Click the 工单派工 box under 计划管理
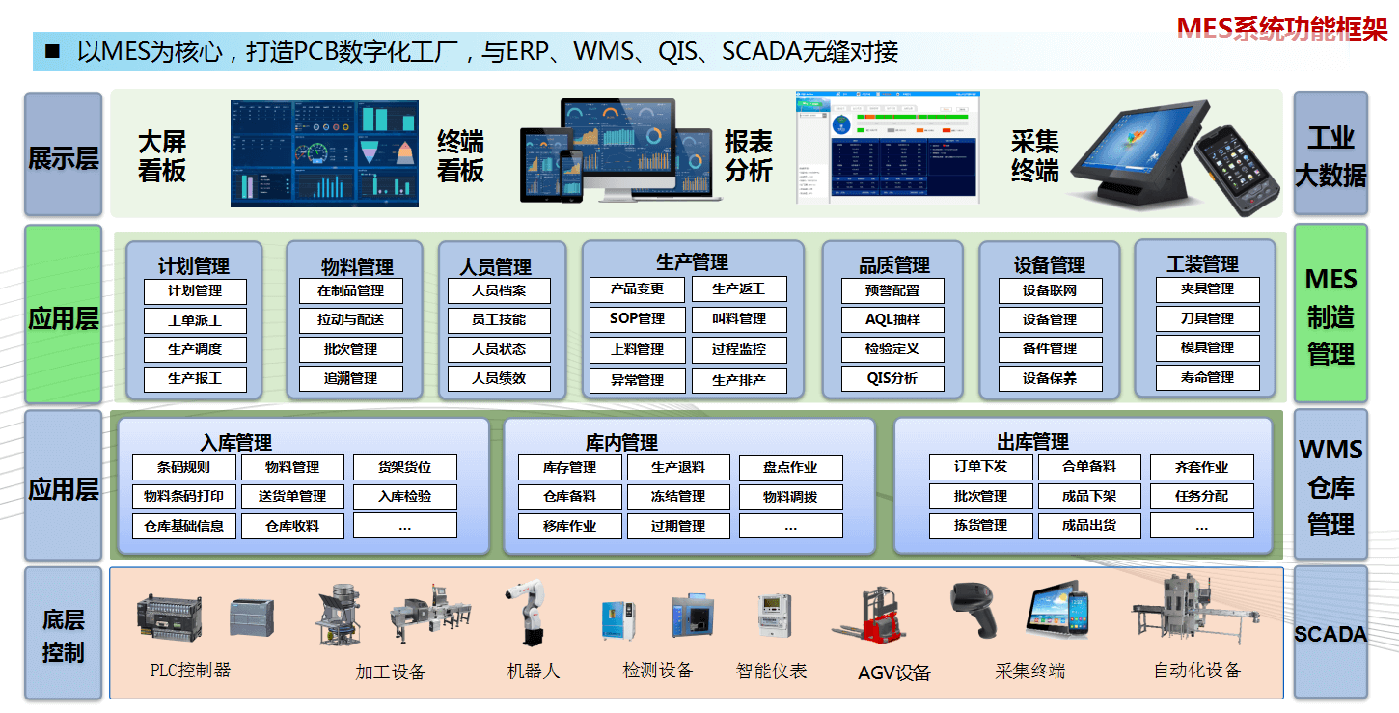click(x=195, y=320)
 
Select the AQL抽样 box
click(x=892, y=319)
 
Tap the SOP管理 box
click(x=637, y=318)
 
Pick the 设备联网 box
click(x=1049, y=290)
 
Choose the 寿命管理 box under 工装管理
click(x=1207, y=377)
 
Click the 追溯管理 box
click(x=350, y=378)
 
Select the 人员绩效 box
click(x=499, y=378)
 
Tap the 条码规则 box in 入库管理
click(x=183, y=467)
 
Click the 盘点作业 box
click(x=790, y=467)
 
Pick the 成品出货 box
click(x=1088, y=526)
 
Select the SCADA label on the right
click(x=1330, y=634)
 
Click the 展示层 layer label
click(x=63, y=156)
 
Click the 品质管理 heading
click(x=893, y=264)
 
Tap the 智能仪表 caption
click(x=771, y=671)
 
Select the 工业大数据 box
click(x=1330, y=156)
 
